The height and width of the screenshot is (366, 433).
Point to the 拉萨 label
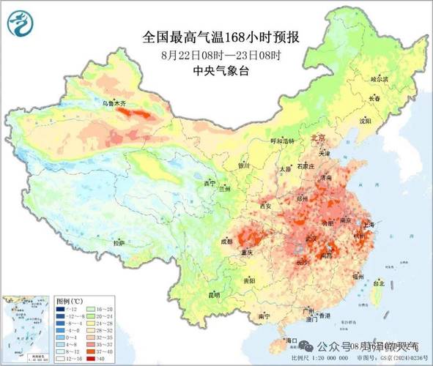[119, 242]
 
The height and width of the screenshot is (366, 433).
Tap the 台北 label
[378, 283]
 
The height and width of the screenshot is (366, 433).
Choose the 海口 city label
[291, 340]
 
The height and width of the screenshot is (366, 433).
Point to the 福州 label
[357, 277]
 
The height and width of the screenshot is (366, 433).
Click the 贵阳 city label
[249, 280]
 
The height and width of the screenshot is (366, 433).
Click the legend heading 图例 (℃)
[73, 301]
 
